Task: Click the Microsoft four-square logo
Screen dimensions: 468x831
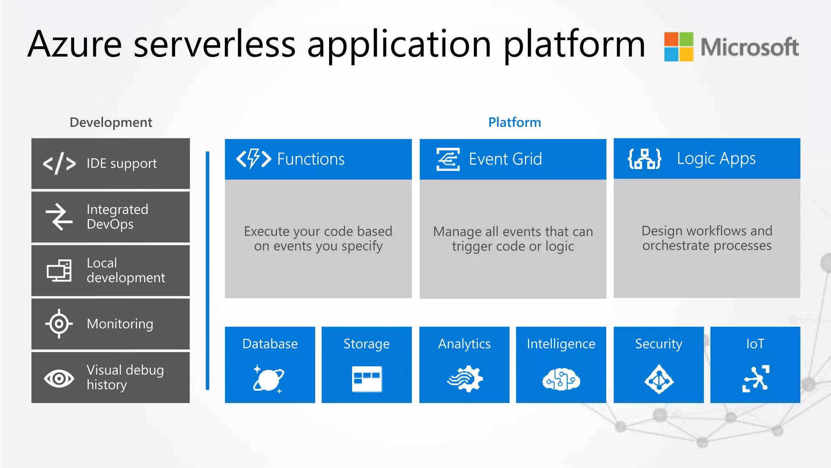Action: [x=678, y=46]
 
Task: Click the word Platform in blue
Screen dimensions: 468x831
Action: [x=514, y=122]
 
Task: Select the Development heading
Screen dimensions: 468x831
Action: [x=111, y=122]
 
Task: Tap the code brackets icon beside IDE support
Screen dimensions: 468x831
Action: [x=59, y=163]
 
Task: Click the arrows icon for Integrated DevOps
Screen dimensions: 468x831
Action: [x=59, y=217]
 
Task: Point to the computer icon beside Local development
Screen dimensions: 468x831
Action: [x=59, y=271]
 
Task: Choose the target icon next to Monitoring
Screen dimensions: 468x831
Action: [x=59, y=324]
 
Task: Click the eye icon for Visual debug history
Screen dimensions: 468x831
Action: [x=59, y=379]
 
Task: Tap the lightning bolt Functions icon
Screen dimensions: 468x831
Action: [x=254, y=158]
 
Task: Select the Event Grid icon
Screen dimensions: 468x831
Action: [x=448, y=159]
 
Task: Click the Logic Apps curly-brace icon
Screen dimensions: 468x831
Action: [x=644, y=158]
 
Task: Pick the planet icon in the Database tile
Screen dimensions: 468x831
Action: [x=269, y=379]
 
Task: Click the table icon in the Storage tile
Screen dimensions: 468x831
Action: [x=366, y=379]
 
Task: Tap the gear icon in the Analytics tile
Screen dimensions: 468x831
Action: [x=465, y=379]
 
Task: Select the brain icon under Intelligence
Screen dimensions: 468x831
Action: [x=561, y=379]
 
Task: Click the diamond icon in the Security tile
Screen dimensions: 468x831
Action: [x=659, y=379]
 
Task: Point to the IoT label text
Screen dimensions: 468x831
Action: [x=755, y=344]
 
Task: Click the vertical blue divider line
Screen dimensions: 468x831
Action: [x=208, y=271]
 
